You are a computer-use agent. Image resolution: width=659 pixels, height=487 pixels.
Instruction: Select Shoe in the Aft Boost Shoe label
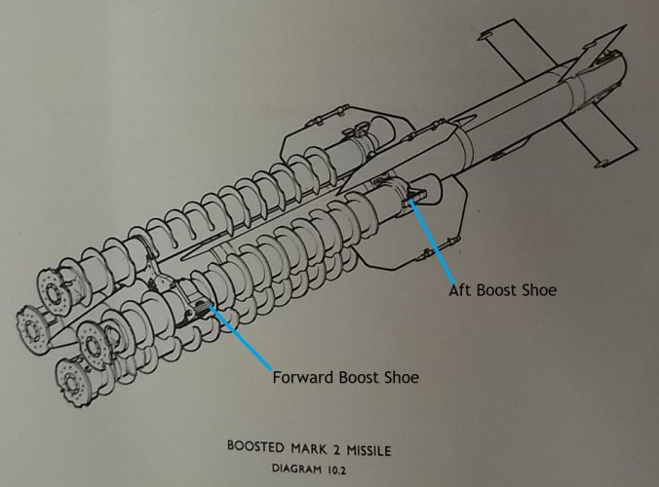539,290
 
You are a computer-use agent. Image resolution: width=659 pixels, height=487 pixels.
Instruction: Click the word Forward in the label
303,377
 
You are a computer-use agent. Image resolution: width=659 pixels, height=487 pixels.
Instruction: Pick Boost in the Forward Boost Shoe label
358,377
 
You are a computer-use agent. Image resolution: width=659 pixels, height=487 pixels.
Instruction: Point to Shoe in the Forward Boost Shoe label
401,377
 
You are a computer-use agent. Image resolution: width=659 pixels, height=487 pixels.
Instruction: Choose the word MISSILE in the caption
368,451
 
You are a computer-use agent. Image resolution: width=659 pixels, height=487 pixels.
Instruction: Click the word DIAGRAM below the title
296,468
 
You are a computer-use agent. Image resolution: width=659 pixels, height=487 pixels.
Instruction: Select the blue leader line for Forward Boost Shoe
241,338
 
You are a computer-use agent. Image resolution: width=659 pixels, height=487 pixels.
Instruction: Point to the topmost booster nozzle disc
52,289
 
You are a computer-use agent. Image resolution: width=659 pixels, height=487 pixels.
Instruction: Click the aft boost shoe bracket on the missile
415,196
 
